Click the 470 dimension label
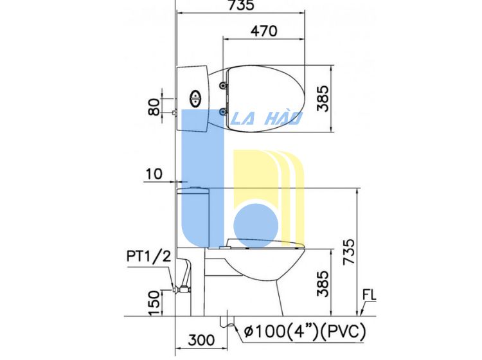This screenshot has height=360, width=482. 263,31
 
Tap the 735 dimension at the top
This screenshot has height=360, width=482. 241,5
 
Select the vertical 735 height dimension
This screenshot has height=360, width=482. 349,251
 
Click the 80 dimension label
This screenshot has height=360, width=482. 154,107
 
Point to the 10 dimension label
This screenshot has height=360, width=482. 154,174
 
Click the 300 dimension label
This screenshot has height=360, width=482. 201,340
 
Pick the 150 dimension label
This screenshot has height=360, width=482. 154,303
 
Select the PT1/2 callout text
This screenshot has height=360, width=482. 149,256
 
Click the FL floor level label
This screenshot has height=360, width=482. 369,295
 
